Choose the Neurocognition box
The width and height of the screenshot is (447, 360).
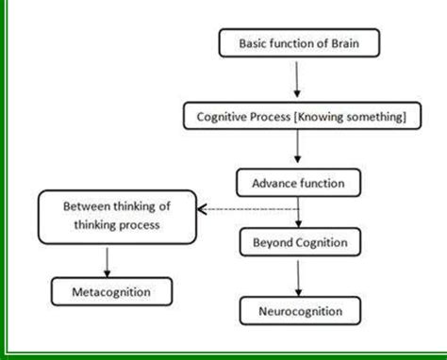pos(299,309)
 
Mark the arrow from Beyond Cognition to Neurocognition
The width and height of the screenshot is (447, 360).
pos(299,276)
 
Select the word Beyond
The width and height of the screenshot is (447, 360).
pos(273,243)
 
